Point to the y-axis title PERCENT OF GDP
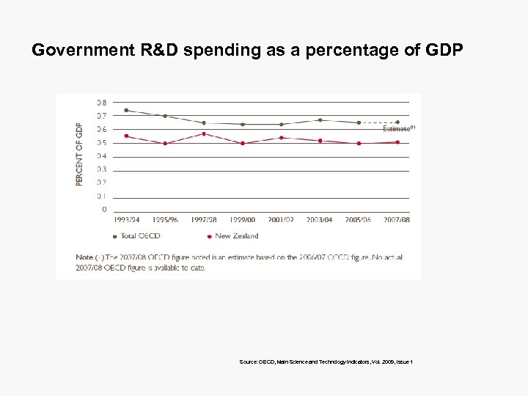click(79, 154)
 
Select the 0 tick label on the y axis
click(103, 209)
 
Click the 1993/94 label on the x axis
click(126, 219)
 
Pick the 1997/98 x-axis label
click(203, 219)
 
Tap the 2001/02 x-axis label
click(281, 219)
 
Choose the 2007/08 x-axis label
click(397, 219)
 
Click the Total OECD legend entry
click(137, 236)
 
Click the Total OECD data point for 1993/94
click(126, 110)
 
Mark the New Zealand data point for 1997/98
click(203, 133)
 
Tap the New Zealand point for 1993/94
click(126, 136)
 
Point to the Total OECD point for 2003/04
click(320, 120)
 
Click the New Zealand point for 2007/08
click(397, 142)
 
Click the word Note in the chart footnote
click(84, 257)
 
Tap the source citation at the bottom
click(326, 362)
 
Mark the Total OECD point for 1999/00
click(242, 124)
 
